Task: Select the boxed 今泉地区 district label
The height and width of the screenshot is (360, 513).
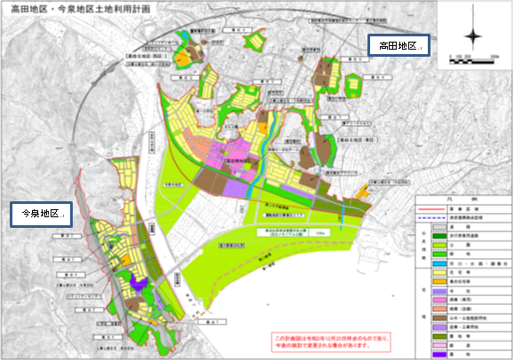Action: coord(41,214)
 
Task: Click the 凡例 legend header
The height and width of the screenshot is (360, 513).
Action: coord(462,201)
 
